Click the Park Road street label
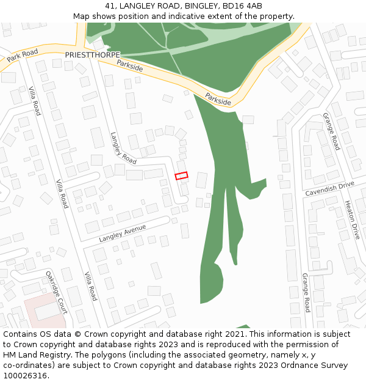coord(22,56)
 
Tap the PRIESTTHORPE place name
coord(92,54)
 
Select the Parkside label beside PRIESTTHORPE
coord(129,65)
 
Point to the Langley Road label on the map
coord(123,147)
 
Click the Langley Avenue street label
coord(123,233)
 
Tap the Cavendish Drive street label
coord(329,188)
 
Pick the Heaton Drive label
coord(352,219)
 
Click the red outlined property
coord(181,176)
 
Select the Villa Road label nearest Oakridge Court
coord(90,286)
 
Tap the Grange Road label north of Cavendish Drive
coord(331,131)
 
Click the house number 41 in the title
coord(110,6)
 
